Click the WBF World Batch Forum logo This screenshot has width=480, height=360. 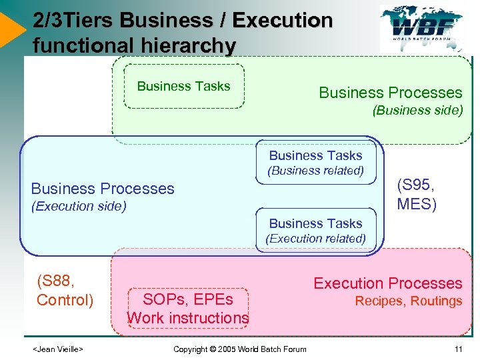pos(425,28)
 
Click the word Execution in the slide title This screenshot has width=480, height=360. pos(283,21)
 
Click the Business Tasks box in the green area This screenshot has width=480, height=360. pos(183,86)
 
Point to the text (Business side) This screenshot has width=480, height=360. pos(417,111)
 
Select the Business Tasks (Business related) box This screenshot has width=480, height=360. pos(315,163)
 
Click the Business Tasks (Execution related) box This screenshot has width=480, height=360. pos(315,231)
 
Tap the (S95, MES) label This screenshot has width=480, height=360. pos(417,194)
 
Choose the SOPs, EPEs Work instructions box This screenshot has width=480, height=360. pos(188,309)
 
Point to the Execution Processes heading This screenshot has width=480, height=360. pos(387,283)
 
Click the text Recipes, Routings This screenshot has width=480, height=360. pos(408,301)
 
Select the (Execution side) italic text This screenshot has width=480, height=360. pos(79,206)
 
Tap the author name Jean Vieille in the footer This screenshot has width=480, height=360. pos(58,349)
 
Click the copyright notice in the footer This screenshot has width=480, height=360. pos(239,349)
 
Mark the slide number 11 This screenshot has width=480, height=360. pos(458,349)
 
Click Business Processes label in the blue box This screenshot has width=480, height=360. pos(103,189)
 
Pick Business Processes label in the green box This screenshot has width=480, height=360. pos(390,93)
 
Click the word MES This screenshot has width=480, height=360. pos(417,203)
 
